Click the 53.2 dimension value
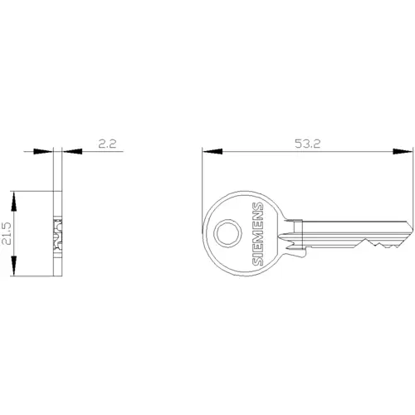[307, 144]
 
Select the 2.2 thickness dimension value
[107, 144]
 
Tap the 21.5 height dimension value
[7, 233]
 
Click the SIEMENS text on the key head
[257, 234]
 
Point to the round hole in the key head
[227, 233]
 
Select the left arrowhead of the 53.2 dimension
[212, 151]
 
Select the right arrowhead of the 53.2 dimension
[403, 151]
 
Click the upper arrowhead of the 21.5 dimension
[13, 201]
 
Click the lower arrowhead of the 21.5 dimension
[13, 266]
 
